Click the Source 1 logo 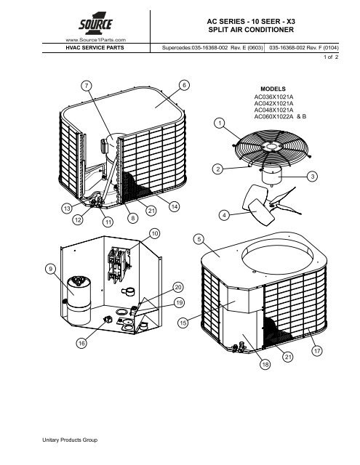pyautogui.click(x=95, y=24)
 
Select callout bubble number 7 pyautogui.click(x=87, y=86)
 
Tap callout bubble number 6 pyautogui.click(x=184, y=85)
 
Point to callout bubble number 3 pyautogui.click(x=312, y=177)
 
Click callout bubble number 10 pyautogui.click(x=155, y=233)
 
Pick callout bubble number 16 pyautogui.click(x=81, y=343)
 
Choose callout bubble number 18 pyautogui.click(x=265, y=364)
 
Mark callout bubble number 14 pyautogui.click(x=175, y=206)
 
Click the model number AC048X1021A pyautogui.click(x=273, y=110)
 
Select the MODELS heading pyautogui.click(x=273, y=89)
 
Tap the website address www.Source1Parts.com pyautogui.click(x=95, y=40)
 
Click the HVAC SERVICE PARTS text pyautogui.click(x=95, y=48)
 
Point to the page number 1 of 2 pyautogui.click(x=331, y=57)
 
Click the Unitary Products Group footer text pyautogui.click(x=70, y=440)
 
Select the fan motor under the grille pyautogui.click(x=271, y=174)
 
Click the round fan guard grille pyautogui.click(x=271, y=147)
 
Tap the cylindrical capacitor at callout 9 pyautogui.click(x=79, y=300)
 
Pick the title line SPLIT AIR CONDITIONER pyautogui.click(x=251, y=30)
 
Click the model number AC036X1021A pyautogui.click(x=273, y=97)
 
